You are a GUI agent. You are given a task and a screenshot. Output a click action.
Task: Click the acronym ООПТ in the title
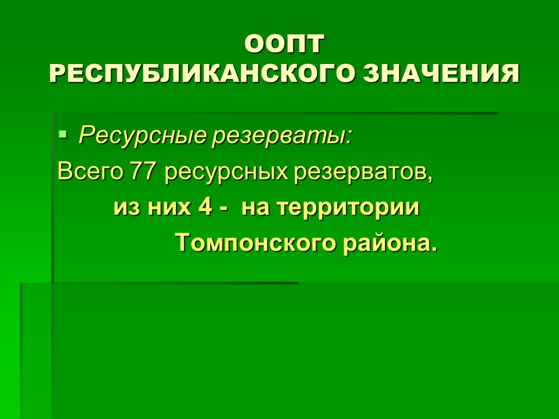pyautogui.click(x=285, y=44)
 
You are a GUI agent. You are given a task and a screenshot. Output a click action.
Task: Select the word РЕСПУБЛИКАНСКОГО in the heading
pyautogui.click(x=203, y=74)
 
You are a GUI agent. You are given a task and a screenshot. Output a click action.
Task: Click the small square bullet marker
pyautogui.click(x=62, y=134)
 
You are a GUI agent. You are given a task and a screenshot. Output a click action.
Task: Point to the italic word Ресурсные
pyautogui.click(x=143, y=136)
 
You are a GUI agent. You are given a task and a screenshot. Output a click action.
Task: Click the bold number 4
pyautogui.click(x=206, y=207)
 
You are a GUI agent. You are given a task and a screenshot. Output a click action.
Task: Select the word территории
pyautogui.click(x=348, y=208)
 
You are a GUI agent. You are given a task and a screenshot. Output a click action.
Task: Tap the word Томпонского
pyautogui.click(x=256, y=243)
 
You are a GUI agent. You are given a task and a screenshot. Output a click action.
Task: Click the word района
pyautogui.click(x=386, y=243)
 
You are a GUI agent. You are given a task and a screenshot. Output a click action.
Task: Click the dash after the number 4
pyautogui.click(x=224, y=210)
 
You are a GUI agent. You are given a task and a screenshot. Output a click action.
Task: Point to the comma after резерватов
pyautogui.click(x=429, y=179)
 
